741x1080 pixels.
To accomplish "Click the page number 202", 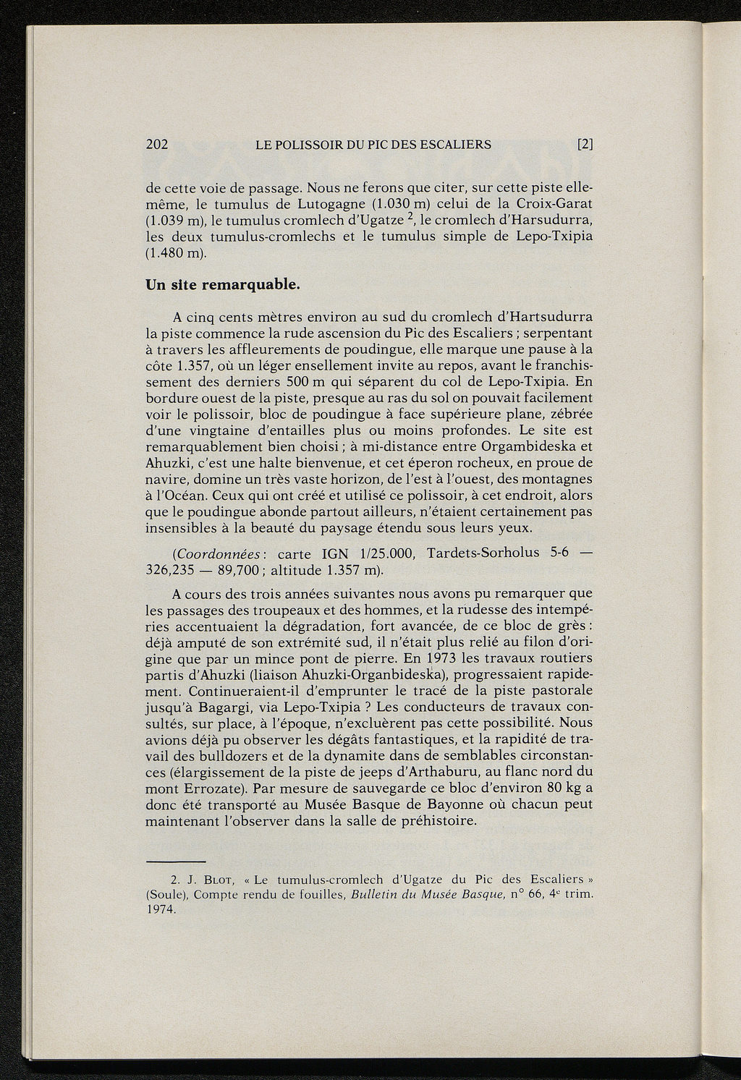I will [157, 144].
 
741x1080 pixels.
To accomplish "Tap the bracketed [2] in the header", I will [585, 144].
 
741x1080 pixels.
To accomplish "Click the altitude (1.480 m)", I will [176, 253].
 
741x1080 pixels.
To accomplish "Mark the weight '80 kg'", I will [565, 787].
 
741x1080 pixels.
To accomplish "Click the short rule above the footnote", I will [176, 861].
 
